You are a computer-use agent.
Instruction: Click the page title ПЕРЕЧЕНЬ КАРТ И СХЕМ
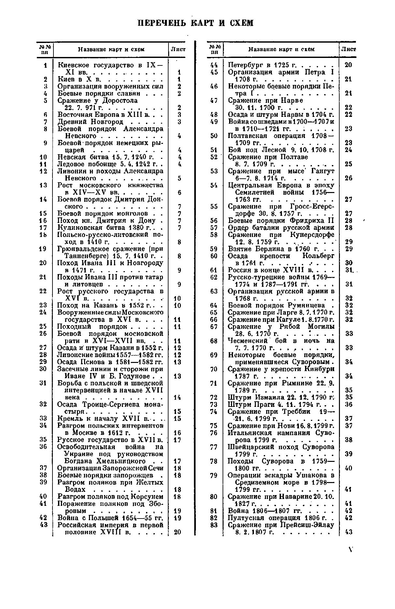[195, 23]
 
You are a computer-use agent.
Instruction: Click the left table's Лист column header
[178, 49]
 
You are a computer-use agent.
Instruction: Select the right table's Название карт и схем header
[281, 49]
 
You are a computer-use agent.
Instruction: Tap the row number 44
[214, 65]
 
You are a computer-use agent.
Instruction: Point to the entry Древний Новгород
[90, 122]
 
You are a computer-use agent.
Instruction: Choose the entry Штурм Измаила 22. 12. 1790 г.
[281, 397]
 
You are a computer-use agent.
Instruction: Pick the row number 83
[214, 525]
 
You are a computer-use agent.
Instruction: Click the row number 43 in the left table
[43, 525]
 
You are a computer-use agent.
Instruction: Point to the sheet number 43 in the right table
[348, 532]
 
